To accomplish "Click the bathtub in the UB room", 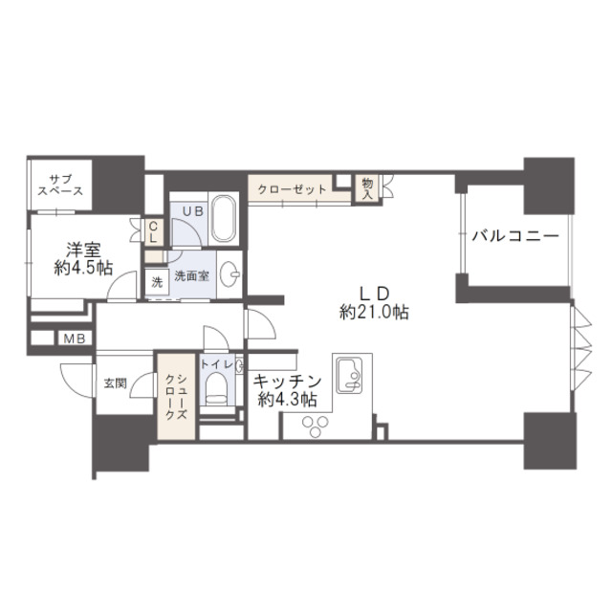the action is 224,219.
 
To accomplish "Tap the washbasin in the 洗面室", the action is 229,273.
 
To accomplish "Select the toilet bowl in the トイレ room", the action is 217,388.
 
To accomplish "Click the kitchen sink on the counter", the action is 350,376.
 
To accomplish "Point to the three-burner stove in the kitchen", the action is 316,426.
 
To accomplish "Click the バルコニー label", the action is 515,236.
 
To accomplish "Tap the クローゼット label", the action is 292,189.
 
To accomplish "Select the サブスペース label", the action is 61,186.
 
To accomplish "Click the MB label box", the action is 75,339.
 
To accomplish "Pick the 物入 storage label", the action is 367,189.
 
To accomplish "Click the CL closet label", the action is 153,232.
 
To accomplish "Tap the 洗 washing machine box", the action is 157,281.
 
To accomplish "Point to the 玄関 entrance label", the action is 115,382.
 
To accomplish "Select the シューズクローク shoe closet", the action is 176,397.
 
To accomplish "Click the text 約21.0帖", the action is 374,313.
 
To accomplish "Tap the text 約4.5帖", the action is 83,268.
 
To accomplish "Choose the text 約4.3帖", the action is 287,399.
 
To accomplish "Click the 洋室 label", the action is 83,250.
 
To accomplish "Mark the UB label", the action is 193,211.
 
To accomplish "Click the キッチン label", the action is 287,382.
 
